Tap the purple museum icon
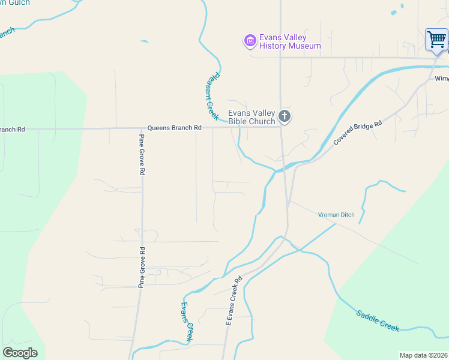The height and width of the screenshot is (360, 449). tap(250, 41)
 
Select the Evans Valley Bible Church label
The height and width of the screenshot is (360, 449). tap(252, 117)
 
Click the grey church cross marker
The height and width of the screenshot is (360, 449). tap(285, 116)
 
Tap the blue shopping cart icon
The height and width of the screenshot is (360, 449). tap(436, 40)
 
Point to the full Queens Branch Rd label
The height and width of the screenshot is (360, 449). tap(175, 128)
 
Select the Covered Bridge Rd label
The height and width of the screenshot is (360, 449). tap(358, 133)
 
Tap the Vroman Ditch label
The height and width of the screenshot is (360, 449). tap(336, 215)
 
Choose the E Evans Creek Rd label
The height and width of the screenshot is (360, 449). tap(233, 301)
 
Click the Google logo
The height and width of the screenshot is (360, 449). tap(20, 353)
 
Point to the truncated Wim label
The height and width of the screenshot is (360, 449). tap(441, 79)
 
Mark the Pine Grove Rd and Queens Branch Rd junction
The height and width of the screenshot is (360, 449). tap(142, 128)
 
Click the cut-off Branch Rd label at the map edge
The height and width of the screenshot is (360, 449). tap(12, 129)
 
